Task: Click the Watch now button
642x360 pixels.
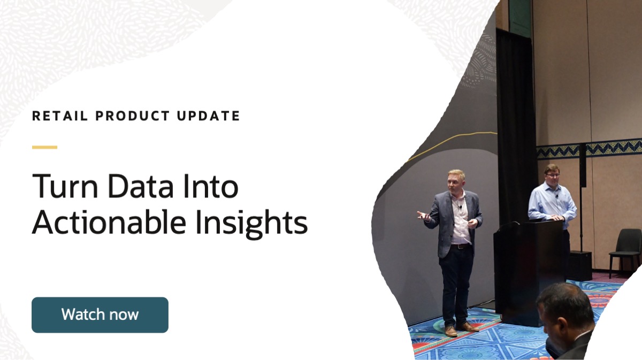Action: tap(100, 315)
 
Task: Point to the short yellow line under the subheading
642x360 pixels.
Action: tap(44, 147)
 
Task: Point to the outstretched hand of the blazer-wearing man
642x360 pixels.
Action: tap(423, 215)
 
